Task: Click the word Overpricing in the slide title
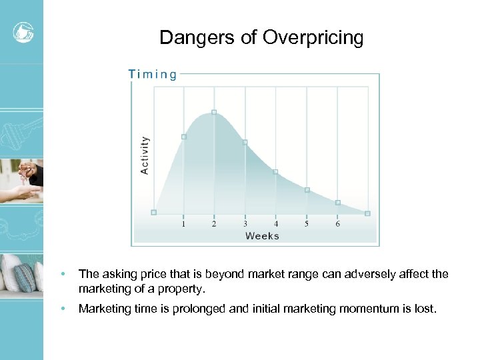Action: (x=313, y=38)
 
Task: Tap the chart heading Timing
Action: (x=153, y=74)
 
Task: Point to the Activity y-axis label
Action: (x=145, y=155)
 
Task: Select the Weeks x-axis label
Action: (x=262, y=235)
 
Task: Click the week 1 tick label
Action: (x=184, y=224)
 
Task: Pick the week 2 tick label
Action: (x=214, y=224)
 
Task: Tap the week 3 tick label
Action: (x=245, y=224)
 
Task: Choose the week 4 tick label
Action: (x=276, y=224)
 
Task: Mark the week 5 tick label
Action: (x=307, y=224)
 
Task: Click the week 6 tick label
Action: (x=337, y=224)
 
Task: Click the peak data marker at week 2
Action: (x=214, y=112)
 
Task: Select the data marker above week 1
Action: (x=184, y=137)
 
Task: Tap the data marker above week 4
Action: (x=275, y=171)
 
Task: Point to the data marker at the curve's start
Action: (x=153, y=213)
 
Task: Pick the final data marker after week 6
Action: (x=367, y=213)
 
